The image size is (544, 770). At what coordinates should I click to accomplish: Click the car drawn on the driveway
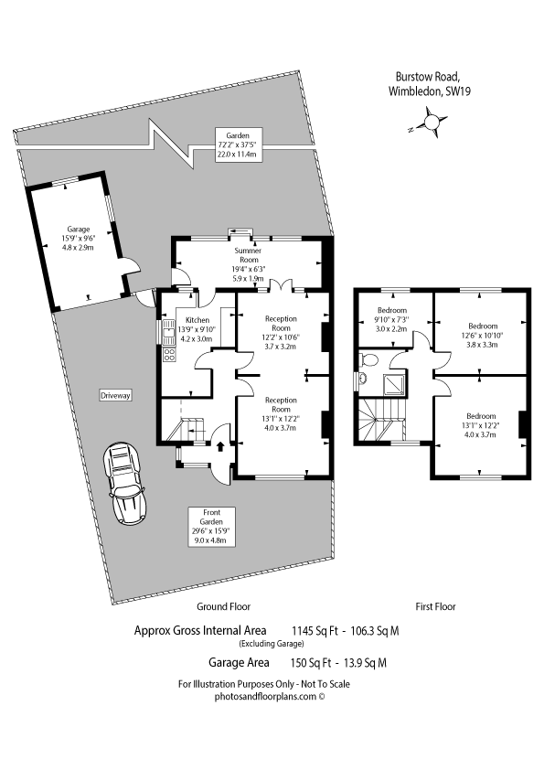pos(124,484)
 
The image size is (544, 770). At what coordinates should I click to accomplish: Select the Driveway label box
pos(115,395)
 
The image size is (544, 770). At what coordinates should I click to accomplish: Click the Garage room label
pos(78,238)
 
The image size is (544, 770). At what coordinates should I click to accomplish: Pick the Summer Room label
pos(248,264)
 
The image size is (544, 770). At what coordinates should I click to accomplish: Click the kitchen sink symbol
pos(168,331)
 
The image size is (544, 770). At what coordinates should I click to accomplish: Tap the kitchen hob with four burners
pos(169,355)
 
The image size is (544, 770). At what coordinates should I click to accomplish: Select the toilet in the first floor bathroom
pos(368,360)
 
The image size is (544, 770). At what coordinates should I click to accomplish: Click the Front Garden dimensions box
pos(211,527)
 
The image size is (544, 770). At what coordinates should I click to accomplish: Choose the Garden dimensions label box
pos(238,144)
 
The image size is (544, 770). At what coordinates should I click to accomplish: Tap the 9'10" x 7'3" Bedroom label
pos(392,319)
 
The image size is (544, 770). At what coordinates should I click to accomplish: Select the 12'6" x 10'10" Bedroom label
pos(483,335)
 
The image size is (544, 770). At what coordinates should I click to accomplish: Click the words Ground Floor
pos(223,606)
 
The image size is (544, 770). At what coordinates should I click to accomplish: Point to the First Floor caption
pos(435,606)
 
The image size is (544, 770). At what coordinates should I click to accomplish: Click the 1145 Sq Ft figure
pos(315,630)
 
